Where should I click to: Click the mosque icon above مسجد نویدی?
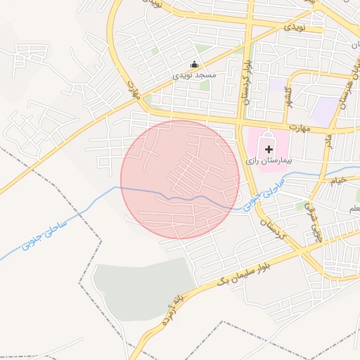point(195,65)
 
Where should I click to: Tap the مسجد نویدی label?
point(196,74)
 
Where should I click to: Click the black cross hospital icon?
point(269,149)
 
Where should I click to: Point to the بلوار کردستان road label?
point(247,80)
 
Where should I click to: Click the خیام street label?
point(339,181)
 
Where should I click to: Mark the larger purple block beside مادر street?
point(326,111)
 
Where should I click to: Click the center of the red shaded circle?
point(180,179)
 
